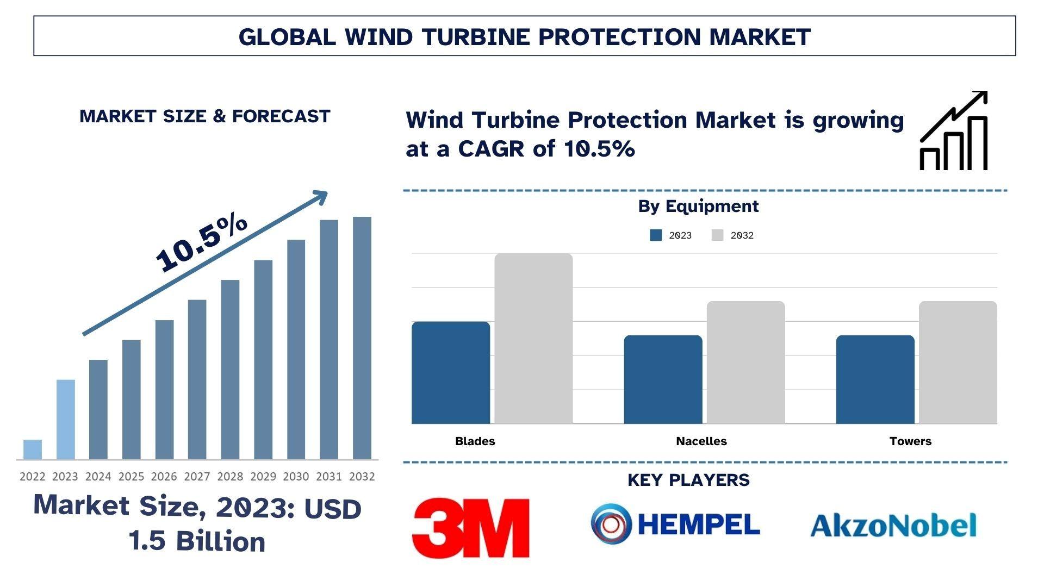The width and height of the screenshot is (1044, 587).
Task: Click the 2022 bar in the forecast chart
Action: click(x=33, y=449)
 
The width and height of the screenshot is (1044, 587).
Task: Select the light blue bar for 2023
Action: click(x=66, y=419)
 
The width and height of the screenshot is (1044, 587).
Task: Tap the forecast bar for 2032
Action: click(x=362, y=338)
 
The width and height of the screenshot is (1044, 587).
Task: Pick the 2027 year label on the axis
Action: click(x=197, y=477)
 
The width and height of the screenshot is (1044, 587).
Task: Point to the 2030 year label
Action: click(x=296, y=477)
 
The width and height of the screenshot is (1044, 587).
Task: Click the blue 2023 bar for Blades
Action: click(x=451, y=373)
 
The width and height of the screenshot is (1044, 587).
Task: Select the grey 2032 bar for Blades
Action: click(x=533, y=339)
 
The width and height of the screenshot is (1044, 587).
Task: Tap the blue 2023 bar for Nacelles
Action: click(x=663, y=379)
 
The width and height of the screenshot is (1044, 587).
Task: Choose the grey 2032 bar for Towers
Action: click(x=958, y=363)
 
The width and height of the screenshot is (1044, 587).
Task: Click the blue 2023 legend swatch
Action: click(x=656, y=235)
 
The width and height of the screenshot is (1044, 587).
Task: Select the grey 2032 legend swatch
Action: click(x=717, y=235)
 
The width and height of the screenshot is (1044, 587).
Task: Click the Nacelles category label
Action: click(x=701, y=441)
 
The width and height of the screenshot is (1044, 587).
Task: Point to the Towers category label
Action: click(x=910, y=441)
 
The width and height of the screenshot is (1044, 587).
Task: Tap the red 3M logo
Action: click(x=471, y=527)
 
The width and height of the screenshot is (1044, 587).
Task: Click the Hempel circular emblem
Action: click(x=611, y=524)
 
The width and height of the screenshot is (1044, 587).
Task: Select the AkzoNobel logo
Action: click(x=893, y=525)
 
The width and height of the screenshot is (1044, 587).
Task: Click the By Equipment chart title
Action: click(x=698, y=207)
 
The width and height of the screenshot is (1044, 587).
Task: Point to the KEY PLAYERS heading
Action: click(x=688, y=480)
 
